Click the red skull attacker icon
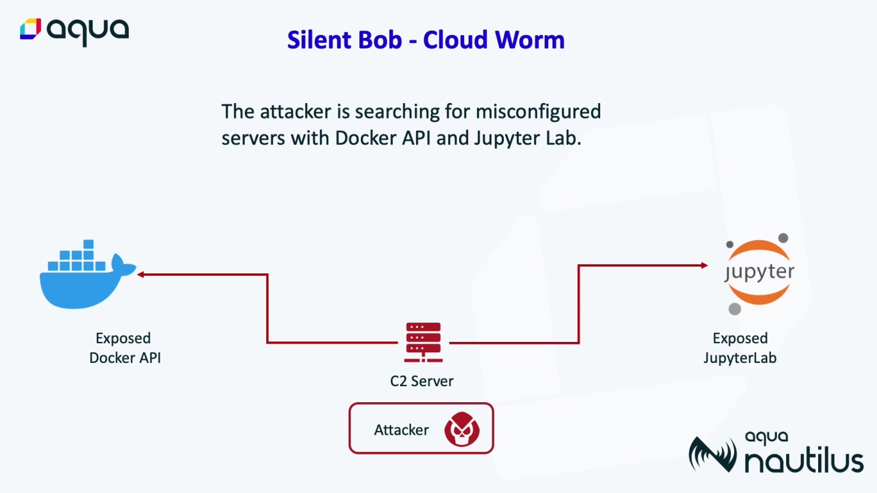[462, 429]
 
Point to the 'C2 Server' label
[422, 381]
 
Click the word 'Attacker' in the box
[401, 430]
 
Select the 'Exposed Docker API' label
[125, 348]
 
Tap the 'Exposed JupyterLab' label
[740, 348]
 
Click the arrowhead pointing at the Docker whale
[140, 274]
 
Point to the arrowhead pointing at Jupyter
[705, 265]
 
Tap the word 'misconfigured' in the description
[538, 112]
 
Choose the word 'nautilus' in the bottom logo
[804, 461]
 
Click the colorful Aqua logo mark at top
[30, 29]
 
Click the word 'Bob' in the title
[381, 40]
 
